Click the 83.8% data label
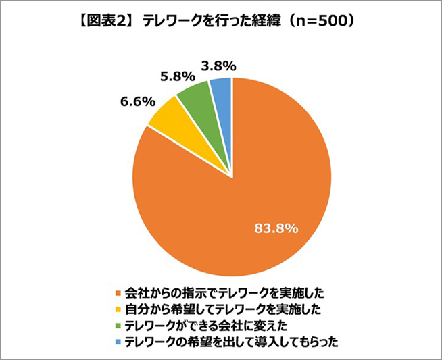point(276,229)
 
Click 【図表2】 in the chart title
point(105,20)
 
